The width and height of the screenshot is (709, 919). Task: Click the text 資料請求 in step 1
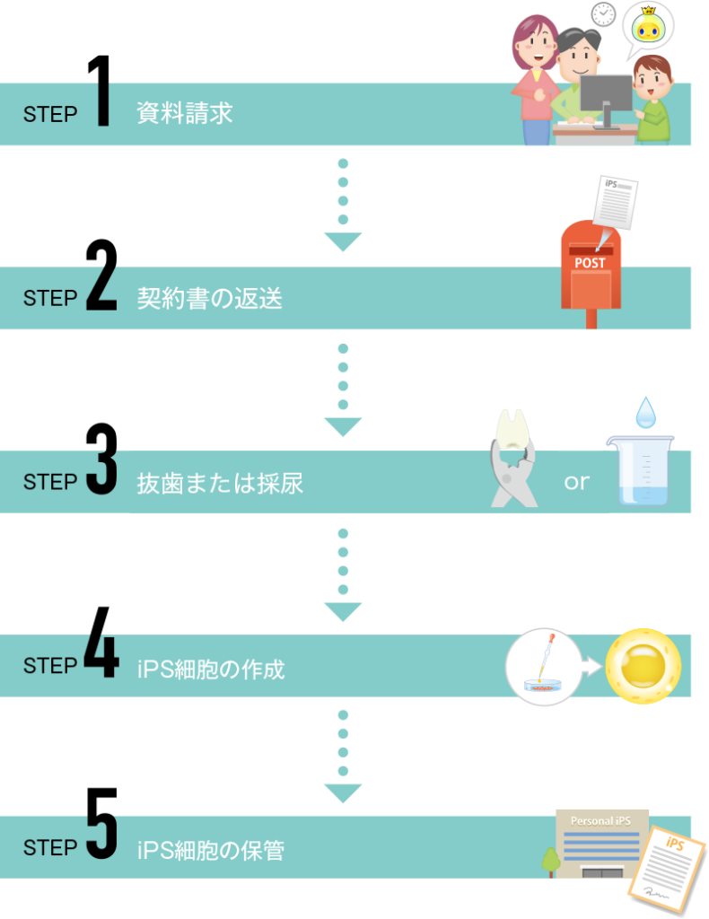tap(184, 114)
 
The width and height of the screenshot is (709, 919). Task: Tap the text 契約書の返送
tap(209, 298)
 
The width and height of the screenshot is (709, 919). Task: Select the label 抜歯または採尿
tap(220, 483)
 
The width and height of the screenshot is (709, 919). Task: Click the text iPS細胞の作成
tap(211, 669)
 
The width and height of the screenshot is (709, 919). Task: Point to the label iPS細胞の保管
tap(211, 850)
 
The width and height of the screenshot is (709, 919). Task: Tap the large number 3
tap(101, 476)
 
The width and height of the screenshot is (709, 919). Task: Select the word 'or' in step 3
tap(576, 482)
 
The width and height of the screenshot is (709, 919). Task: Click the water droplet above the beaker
tap(645, 413)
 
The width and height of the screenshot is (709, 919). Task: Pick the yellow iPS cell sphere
tap(643, 666)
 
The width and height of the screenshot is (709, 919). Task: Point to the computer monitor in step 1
tap(606, 97)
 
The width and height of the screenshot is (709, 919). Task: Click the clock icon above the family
tap(601, 13)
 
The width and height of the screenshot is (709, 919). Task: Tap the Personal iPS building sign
tap(600, 821)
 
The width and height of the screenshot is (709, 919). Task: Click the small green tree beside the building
tap(550, 861)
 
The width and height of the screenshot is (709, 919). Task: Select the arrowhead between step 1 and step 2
tap(342, 241)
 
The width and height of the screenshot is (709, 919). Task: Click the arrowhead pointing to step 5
tap(342, 793)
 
